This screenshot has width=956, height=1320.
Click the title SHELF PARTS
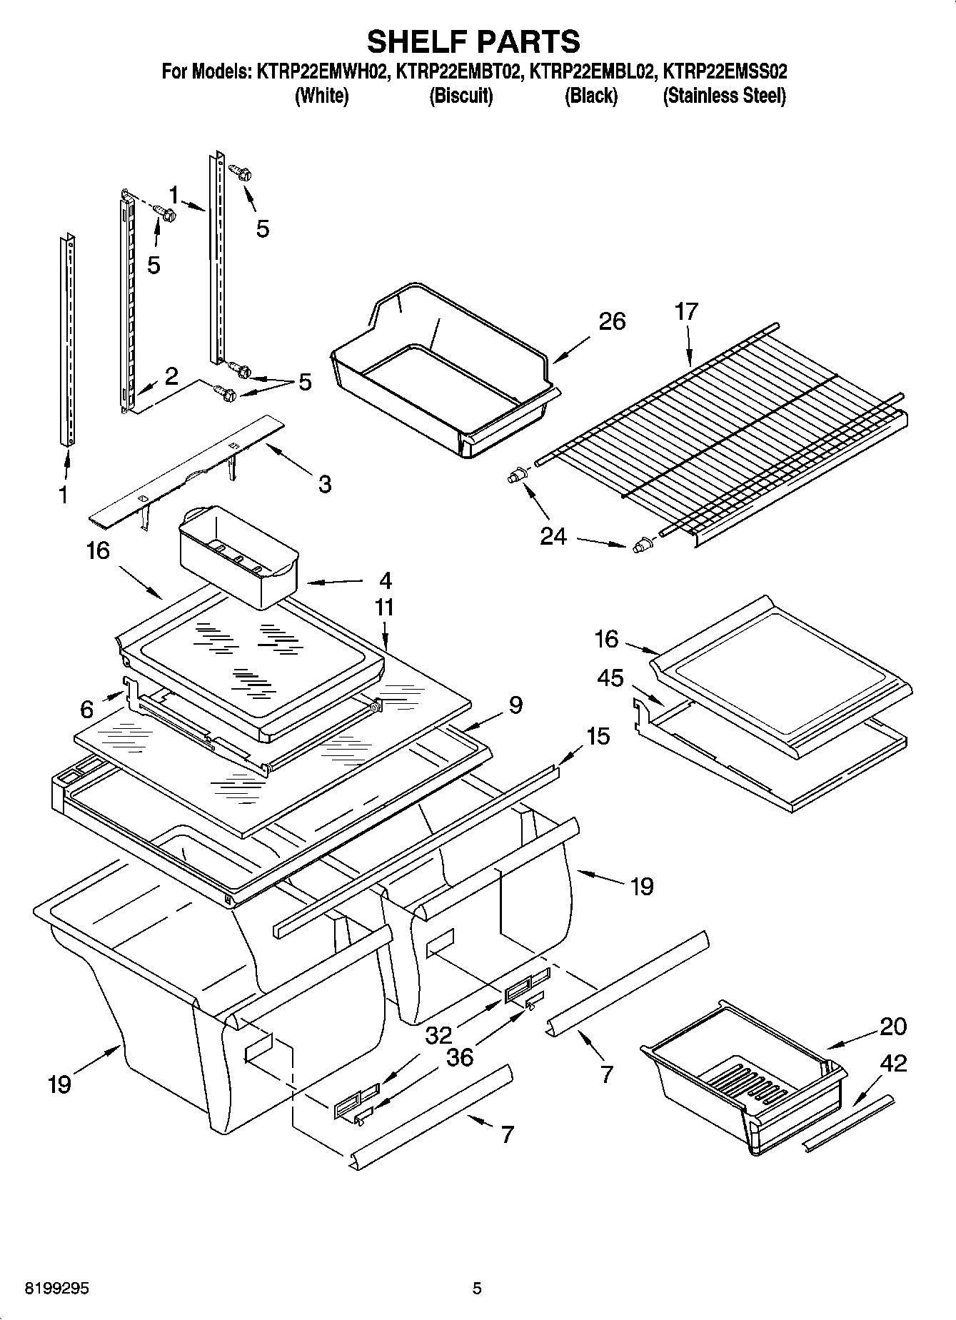[x=473, y=41]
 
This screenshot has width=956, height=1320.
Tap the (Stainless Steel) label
[x=724, y=96]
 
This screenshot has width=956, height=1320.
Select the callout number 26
[x=612, y=321]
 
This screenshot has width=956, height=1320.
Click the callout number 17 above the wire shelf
[x=686, y=311]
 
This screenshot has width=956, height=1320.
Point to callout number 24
[x=553, y=535]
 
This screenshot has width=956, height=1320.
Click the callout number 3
[x=324, y=484]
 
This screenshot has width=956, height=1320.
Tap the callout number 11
[x=384, y=608]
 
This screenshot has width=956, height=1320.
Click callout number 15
[x=598, y=735]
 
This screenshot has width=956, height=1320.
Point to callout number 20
[x=892, y=1026]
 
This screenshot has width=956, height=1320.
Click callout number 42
[x=892, y=1063]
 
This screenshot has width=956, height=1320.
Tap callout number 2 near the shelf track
[x=171, y=376]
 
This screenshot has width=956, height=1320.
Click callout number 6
[x=87, y=709]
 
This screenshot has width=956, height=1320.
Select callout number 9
[x=515, y=705]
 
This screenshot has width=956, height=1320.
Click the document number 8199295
[x=47, y=1289]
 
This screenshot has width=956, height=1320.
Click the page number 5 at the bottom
[x=477, y=1289]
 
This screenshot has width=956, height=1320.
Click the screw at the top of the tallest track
[x=240, y=171]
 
